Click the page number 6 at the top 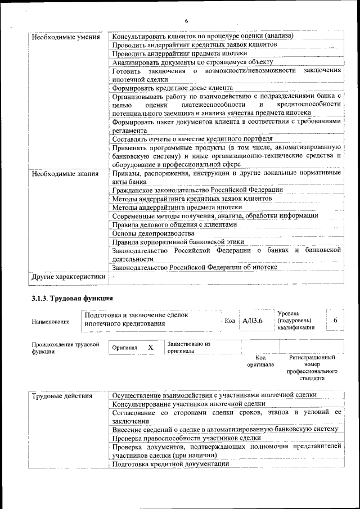186,22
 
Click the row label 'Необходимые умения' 66,37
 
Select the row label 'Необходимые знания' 65,174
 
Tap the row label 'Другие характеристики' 69,277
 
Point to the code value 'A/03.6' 253,321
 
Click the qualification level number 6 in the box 335,320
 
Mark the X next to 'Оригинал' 151,348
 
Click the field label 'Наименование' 51,322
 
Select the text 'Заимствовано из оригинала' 188,347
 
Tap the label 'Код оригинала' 260,361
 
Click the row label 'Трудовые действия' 62,396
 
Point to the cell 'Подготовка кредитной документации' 170,464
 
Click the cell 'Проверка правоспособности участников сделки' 186,438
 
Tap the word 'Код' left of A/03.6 229,321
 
